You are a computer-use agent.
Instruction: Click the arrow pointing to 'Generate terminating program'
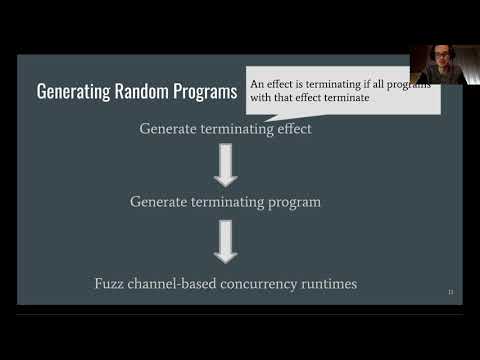[x=226, y=166]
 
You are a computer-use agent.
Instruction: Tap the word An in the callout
[x=258, y=85]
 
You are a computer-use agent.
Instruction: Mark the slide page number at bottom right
[x=450, y=292]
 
